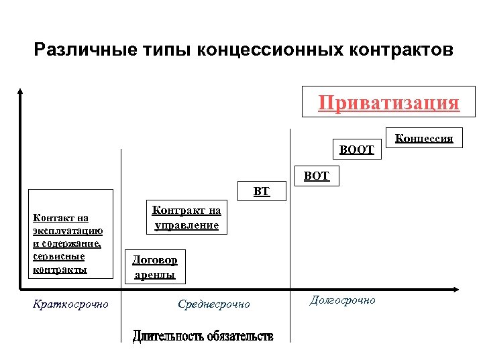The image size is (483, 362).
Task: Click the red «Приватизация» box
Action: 388,103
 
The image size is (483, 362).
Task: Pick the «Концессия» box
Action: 424,139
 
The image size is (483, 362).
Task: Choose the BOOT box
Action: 356,149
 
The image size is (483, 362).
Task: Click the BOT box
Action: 316,176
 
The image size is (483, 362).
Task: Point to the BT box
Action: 262,192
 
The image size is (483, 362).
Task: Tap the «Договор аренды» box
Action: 155,267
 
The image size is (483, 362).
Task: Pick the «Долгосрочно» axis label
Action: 342,300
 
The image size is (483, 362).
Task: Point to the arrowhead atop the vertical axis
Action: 21,91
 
